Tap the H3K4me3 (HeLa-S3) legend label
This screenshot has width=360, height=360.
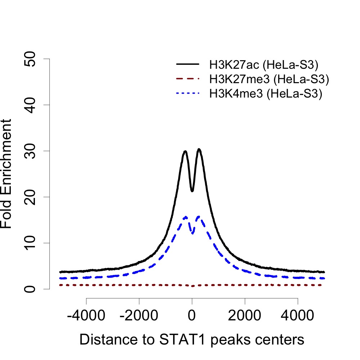(266, 94)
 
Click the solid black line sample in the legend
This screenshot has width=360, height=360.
(188, 64)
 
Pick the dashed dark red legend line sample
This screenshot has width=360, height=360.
(188, 79)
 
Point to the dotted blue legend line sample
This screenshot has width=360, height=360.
(188, 94)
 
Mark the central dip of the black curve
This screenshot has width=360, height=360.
(192, 191)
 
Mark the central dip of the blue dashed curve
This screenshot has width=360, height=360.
(193, 233)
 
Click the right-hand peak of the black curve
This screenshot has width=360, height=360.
(199, 149)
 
